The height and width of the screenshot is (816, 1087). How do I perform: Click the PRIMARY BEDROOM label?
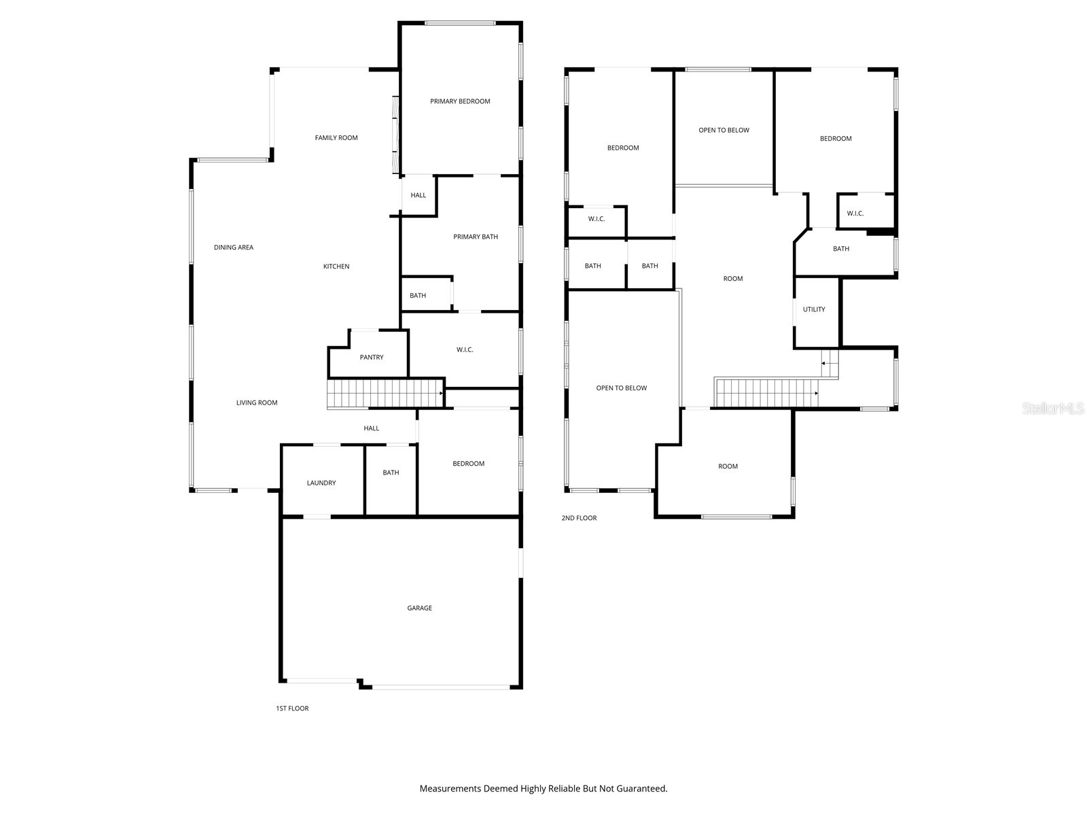click(x=459, y=101)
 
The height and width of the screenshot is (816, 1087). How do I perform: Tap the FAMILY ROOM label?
click(x=336, y=138)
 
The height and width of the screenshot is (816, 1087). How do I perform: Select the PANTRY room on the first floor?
click(x=371, y=357)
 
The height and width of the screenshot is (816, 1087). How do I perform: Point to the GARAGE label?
click(x=419, y=608)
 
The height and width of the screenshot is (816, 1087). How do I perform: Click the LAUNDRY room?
click(x=321, y=483)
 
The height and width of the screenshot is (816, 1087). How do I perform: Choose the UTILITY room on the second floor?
click(x=814, y=309)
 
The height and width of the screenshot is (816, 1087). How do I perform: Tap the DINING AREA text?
click(x=233, y=248)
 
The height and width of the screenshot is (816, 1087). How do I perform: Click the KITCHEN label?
click(x=336, y=267)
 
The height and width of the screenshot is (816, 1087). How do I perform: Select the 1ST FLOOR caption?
click(x=292, y=709)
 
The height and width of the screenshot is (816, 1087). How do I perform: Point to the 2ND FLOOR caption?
click(x=579, y=518)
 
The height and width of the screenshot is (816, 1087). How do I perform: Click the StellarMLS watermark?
click(x=1053, y=409)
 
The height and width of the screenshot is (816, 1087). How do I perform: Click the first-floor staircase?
click(x=385, y=394)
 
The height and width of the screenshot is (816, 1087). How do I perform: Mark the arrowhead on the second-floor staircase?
click(x=816, y=394)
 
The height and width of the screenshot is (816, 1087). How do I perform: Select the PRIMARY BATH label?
click(x=476, y=237)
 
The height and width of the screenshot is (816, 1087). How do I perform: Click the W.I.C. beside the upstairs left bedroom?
click(x=596, y=219)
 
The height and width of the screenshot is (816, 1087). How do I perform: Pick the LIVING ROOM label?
click(x=257, y=403)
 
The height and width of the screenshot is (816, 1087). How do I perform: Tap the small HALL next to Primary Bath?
click(x=418, y=195)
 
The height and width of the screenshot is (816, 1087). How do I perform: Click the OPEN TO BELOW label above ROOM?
click(x=724, y=131)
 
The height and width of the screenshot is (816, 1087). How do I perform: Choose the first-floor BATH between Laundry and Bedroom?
click(x=390, y=473)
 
